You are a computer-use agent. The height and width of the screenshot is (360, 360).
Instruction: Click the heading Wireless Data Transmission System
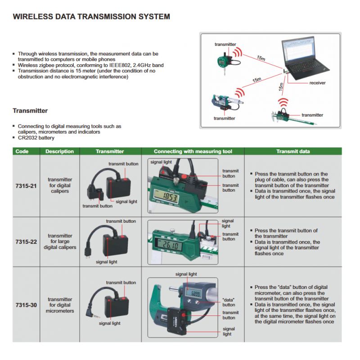[91, 17]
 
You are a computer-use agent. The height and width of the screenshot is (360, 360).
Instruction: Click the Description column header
[59, 151]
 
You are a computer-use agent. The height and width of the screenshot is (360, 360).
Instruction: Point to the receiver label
[317, 83]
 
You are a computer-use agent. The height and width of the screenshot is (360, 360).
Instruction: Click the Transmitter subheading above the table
[30, 111]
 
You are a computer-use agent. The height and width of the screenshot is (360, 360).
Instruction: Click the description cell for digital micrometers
[59, 305]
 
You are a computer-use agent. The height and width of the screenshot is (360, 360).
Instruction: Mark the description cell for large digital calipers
[59, 242]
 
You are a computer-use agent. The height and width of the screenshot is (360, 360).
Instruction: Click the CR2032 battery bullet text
[36, 138]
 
